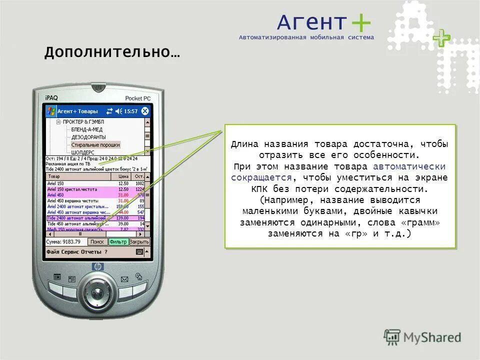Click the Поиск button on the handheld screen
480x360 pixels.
[x=97, y=241]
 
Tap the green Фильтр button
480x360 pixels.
[x=118, y=241]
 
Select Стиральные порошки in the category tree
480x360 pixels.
[x=95, y=145]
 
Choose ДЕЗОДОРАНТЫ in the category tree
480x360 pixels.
[x=88, y=137]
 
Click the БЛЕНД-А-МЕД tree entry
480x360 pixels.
[x=87, y=129]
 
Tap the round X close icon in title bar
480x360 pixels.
[x=145, y=111]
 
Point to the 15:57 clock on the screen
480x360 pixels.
[x=131, y=111]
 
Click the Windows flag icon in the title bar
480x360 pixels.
[x=50, y=111]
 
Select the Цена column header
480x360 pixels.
[x=123, y=176]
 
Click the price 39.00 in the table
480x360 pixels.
[x=123, y=224]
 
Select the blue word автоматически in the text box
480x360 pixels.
[x=409, y=166]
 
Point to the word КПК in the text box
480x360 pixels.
[x=260, y=189]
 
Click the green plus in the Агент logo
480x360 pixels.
[x=360, y=23]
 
